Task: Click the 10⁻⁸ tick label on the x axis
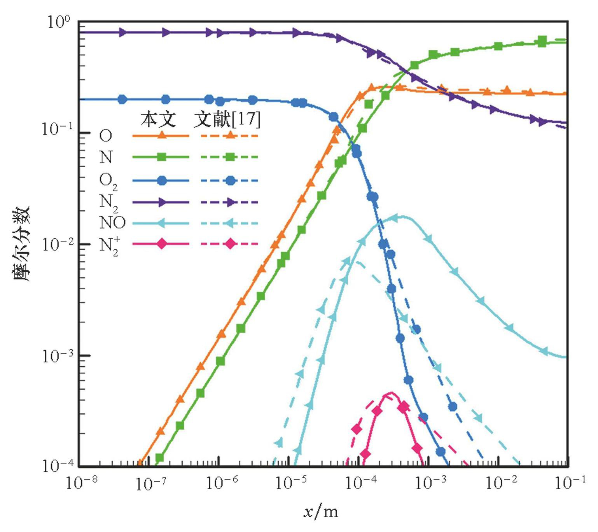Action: (x=81, y=483)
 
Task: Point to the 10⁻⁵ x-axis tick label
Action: (x=291, y=483)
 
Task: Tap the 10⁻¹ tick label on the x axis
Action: (x=570, y=483)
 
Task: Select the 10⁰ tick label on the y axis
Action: (x=58, y=22)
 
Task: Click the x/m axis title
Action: (x=321, y=512)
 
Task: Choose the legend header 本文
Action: (x=158, y=119)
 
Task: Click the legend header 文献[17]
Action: (x=227, y=119)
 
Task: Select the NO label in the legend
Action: (x=112, y=223)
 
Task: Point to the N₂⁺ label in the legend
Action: (x=109, y=245)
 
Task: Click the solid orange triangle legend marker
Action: (x=162, y=135)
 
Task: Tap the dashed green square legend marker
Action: (x=230, y=157)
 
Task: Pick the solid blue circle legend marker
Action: (x=162, y=180)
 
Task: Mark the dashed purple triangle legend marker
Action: (x=230, y=202)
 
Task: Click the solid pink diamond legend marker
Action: (x=162, y=244)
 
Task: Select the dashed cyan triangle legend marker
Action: (x=230, y=223)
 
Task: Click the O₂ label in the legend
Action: (x=108, y=181)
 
